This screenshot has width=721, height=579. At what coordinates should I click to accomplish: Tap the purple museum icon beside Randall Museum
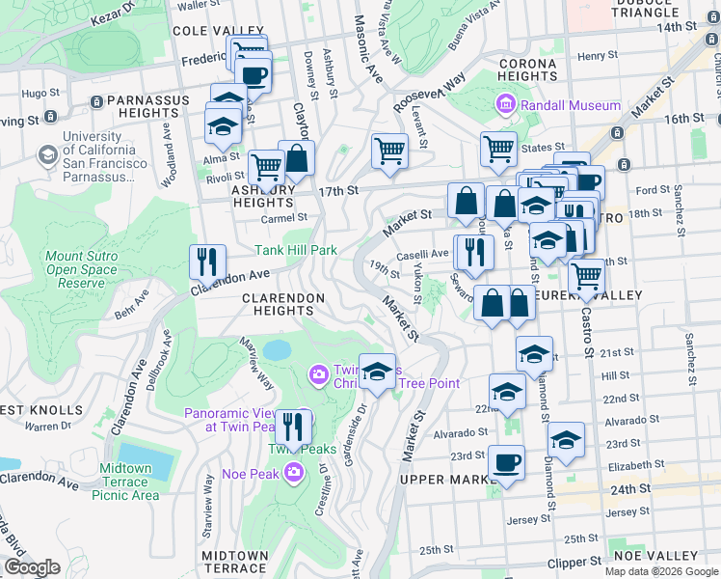506,104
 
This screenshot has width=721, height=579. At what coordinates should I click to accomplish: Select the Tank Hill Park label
295,250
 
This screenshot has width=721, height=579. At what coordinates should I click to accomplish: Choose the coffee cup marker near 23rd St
506,463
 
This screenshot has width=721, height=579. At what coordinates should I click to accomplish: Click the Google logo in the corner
32,566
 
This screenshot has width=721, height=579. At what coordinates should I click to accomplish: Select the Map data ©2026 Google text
661,571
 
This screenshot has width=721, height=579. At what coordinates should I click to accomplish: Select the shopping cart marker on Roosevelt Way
389,151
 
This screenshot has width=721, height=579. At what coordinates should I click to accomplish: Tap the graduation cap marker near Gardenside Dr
378,372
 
